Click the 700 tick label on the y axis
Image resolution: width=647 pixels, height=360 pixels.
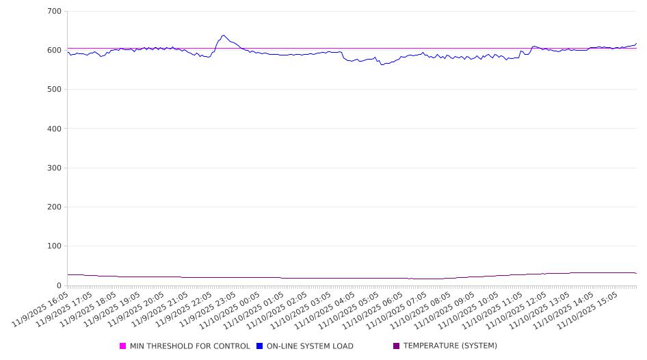(54, 12)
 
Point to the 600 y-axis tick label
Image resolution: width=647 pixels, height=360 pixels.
(54, 51)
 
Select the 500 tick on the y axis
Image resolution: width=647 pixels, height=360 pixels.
(54, 90)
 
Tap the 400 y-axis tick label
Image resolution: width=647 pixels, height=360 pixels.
(54, 129)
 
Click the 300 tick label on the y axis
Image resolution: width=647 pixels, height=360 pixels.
(54, 168)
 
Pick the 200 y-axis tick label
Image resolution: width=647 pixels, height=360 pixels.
(54, 207)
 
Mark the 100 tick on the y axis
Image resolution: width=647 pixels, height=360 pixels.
(54, 246)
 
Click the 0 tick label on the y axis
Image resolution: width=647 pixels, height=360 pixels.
(59, 285)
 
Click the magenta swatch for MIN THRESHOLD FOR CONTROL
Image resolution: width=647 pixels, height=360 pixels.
(123, 346)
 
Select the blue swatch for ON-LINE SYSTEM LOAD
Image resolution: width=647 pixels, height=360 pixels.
(260, 346)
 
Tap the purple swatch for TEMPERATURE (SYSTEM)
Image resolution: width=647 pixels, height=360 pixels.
(397, 346)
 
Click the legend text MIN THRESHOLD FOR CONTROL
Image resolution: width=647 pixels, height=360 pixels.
(189, 346)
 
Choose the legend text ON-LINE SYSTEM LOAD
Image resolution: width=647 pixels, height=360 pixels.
(310, 346)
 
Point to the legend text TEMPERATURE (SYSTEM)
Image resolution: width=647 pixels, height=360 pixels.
(450, 346)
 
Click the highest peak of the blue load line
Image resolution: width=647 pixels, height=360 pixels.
(223, 36)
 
